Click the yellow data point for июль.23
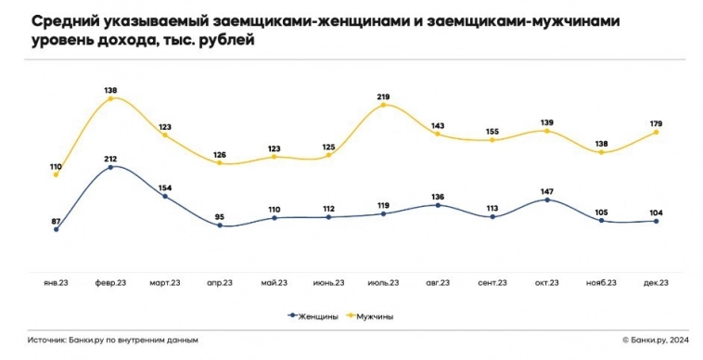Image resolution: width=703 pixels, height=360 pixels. (x=383, y=106)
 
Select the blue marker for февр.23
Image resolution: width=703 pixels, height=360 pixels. (x=110, y=167)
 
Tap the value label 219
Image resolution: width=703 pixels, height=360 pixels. (x=383, y=95)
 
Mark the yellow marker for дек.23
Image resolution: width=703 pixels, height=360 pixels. (x=657, y=132)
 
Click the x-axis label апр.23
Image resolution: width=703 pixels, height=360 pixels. (x=220, y=282)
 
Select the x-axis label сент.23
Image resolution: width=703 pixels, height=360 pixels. (x=492, y=282)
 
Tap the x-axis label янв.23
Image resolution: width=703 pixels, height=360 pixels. (x=56, y=282)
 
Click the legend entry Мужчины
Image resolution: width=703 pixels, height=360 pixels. (x=371, y=315)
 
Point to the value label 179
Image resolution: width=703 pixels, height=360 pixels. (x=656, y=121)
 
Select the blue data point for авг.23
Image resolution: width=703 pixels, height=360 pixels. (x=438, y=205)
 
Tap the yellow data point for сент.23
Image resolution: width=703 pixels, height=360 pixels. (x=492, y=140)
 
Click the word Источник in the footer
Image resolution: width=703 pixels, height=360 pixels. (x=46, y=341)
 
